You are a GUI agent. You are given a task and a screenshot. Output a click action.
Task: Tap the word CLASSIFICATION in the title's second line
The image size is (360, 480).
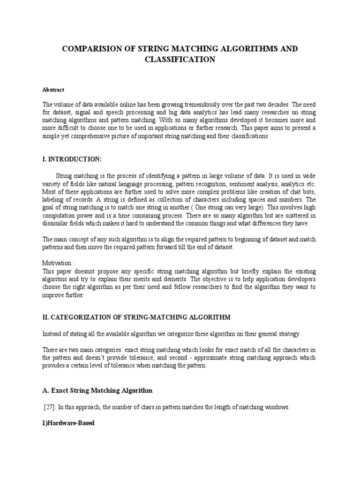(180, 60)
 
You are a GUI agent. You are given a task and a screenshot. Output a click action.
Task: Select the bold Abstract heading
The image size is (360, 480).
(53, 90)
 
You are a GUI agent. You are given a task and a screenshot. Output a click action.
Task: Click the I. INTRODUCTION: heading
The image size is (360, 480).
(72, 159)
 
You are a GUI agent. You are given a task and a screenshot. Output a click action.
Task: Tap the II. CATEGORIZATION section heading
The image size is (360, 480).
(136, 317)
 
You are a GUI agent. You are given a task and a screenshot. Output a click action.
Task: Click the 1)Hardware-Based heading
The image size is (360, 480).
(68, 423)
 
